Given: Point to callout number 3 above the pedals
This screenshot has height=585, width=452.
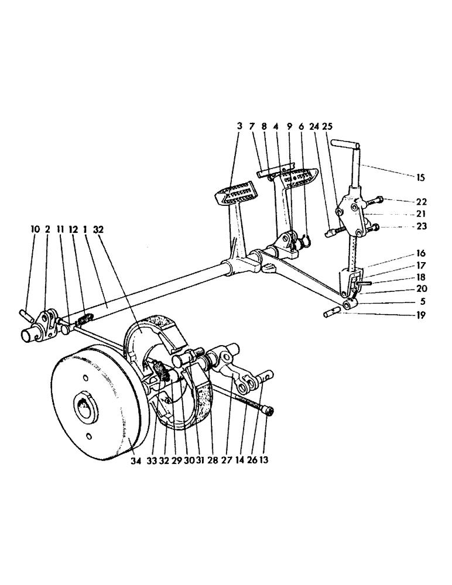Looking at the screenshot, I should click(239, 126).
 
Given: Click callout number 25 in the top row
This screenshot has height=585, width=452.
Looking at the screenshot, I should click(327, 126).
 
